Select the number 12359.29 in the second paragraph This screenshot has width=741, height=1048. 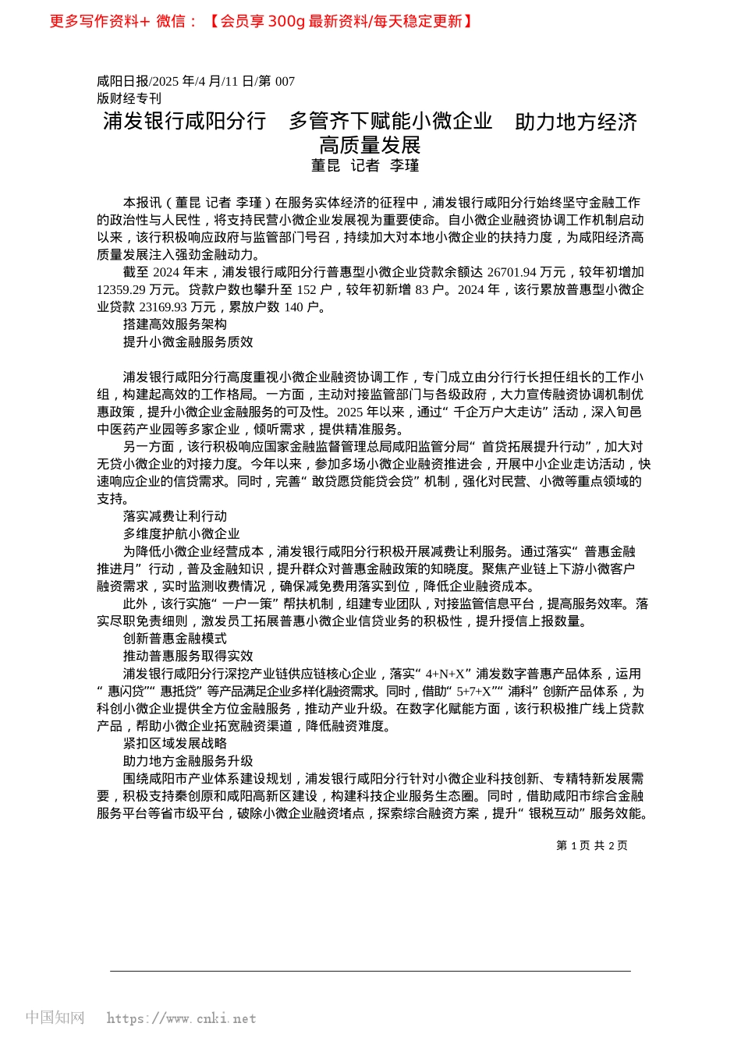pos(122,290)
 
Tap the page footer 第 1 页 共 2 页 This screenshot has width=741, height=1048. pos(591,845)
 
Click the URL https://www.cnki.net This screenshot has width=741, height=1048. pos(181,1018)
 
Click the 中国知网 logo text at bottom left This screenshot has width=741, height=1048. pos(55,1018)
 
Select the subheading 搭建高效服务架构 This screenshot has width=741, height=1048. pos(175,324)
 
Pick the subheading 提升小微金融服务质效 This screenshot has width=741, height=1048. pos(188,342)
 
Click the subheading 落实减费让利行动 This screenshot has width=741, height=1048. pos(175,516)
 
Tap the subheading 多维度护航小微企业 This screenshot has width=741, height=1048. pos(181,533)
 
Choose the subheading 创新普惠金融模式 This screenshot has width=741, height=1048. pos(175,639)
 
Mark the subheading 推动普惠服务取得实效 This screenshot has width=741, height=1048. pos(188,656)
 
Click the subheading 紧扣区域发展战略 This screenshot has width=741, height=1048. pos(175,743)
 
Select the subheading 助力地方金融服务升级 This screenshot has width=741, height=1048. pos(188,761)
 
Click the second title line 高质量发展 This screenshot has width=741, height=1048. pos(370,145)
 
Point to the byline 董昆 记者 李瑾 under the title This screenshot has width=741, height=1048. pos(365,165)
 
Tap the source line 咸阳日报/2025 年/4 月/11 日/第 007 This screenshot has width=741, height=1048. pos(196,81)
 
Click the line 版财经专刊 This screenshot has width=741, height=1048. pos(129,98)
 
